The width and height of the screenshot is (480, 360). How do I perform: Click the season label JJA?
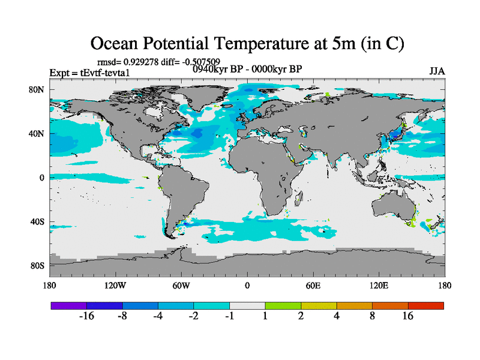(x=437, y=71)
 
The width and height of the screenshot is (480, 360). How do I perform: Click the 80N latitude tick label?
(x=38, y=90)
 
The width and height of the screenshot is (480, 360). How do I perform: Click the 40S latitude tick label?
(x=38, y=222)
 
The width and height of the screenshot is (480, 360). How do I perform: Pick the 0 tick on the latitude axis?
(x=42, y=178)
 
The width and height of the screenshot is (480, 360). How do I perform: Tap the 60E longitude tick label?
(x=313, y=285)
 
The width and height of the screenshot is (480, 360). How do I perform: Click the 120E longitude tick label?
(x=379, y=285)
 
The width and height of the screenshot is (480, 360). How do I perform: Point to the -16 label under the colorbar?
(x=86, y=317)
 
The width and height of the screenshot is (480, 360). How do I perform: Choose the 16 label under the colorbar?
(x=408, y=317)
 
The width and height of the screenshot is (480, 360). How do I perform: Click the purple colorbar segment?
(x=68, y=305)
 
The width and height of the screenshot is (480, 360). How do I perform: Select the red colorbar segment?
(x=426, y=305)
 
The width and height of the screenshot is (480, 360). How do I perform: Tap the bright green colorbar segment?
(x=283, y=305)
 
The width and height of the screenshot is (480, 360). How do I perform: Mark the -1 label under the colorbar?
(x=229, y=317)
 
